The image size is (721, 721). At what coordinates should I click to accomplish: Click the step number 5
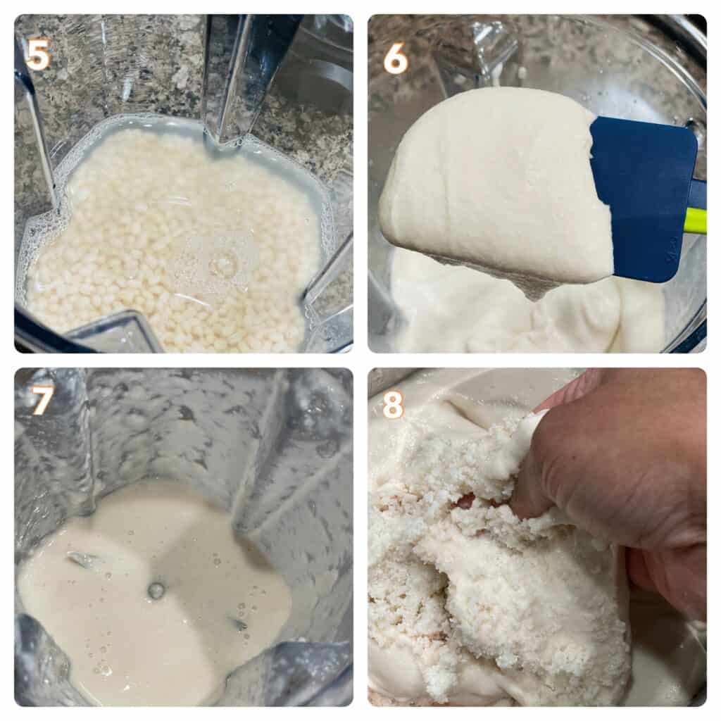38,55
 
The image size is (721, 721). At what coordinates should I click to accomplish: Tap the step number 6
396,58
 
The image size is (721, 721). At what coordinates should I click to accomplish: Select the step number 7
42,400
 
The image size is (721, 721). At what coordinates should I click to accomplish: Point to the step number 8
393,404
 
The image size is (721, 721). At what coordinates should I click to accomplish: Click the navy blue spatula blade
644,198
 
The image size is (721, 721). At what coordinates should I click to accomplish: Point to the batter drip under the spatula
534,289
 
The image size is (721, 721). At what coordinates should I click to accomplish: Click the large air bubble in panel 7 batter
156,591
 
